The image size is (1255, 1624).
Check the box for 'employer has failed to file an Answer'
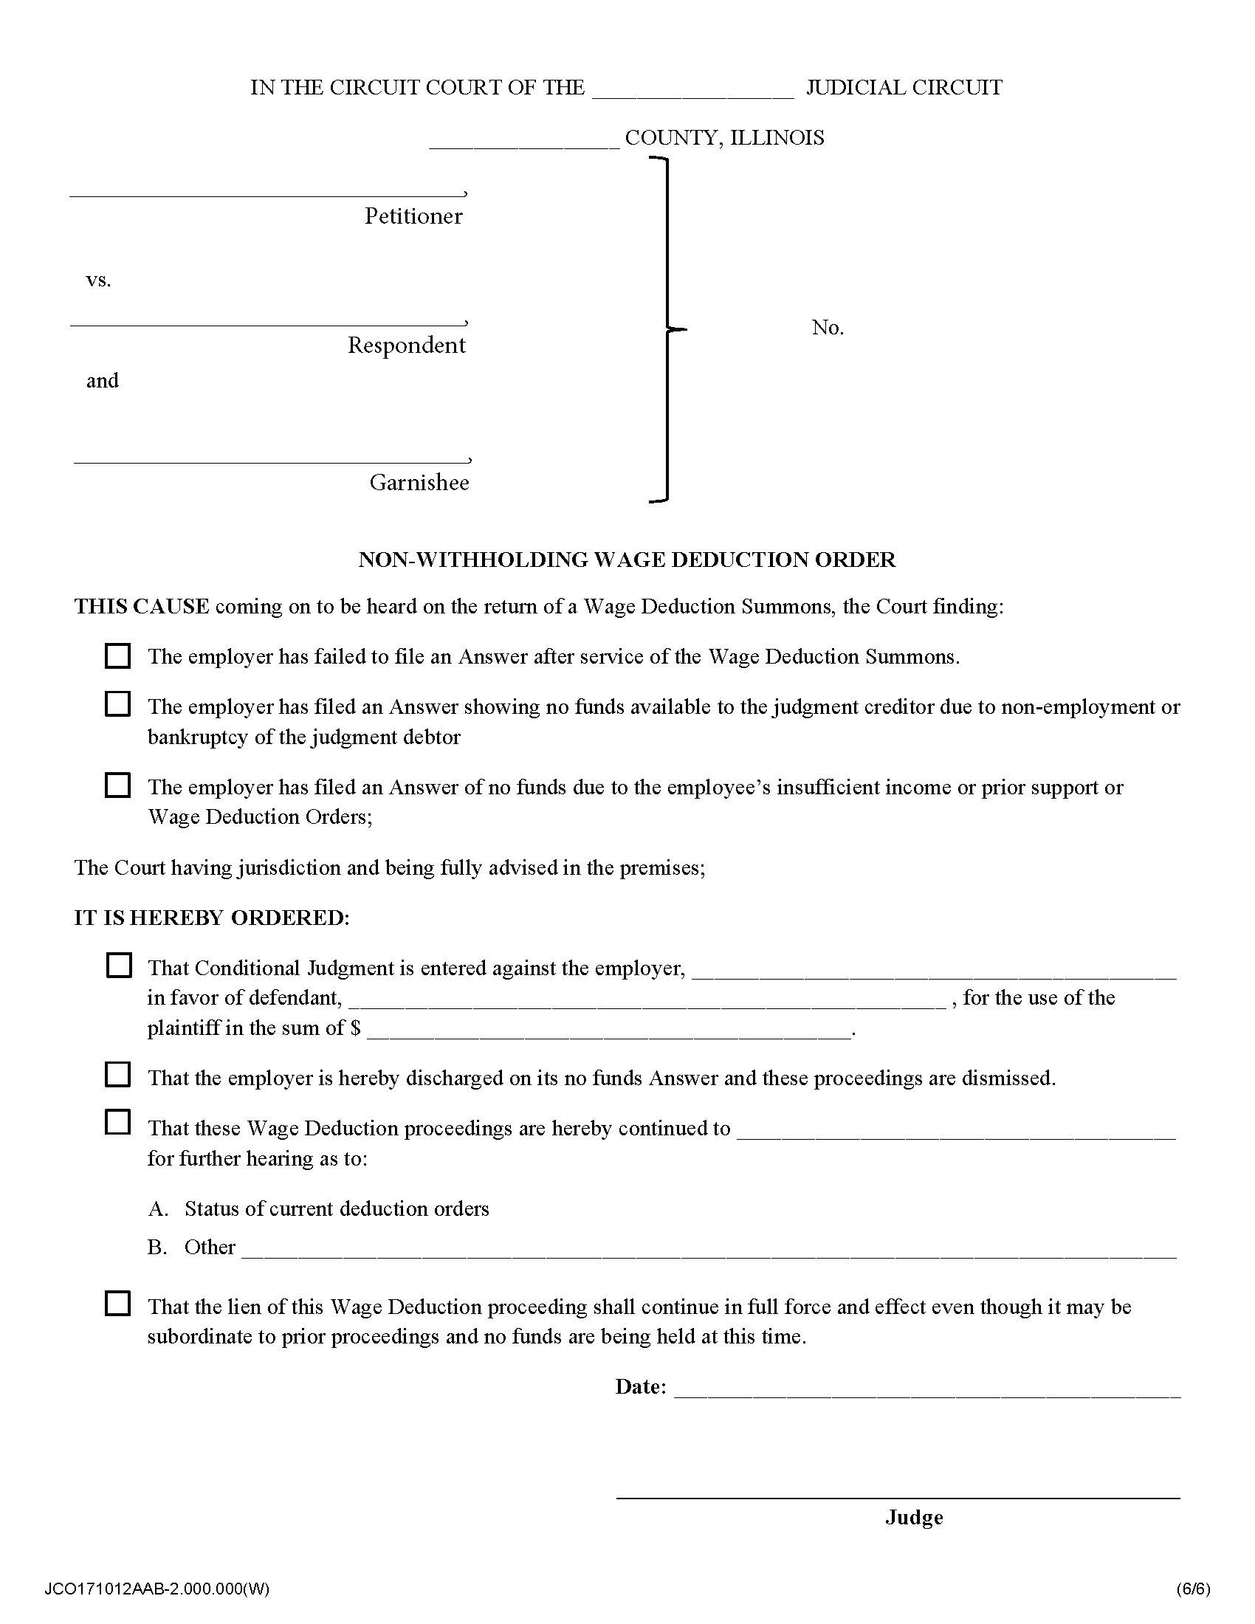[x=117, y=656]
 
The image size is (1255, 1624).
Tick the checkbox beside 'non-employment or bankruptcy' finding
[x=117, y=703]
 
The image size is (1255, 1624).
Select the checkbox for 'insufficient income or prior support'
[x=117, y=785]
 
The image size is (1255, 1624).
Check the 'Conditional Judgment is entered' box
[x=118, y=966]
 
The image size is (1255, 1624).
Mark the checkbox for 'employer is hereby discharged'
[x=117, y=1075]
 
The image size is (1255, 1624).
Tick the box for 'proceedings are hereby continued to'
[x=117, y=1122]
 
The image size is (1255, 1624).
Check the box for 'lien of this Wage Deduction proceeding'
[x=117, y=1304]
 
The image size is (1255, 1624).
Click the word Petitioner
[x=413, y=216]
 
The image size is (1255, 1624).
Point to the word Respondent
[x=406, y=345]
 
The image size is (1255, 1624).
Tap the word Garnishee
[x=419, y=483]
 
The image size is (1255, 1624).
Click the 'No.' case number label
[x=828, y=327]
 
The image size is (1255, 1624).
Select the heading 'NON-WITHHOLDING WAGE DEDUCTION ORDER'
[x=627, y=560]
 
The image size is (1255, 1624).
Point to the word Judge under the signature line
[x=914, y=1517]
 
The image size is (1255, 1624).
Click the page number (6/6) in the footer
[x=1192, y=1589]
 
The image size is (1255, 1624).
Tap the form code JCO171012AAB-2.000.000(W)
[x=157, y=1589]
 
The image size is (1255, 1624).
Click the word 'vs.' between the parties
[x=98, y=281]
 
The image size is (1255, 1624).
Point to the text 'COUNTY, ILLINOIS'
[x=724, y=137]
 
